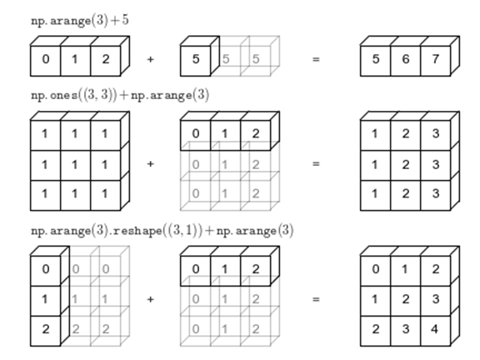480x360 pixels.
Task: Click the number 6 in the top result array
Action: click(406, 59)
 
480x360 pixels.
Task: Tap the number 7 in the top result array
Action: click(436, 59)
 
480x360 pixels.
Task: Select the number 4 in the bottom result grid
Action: click(434, 329)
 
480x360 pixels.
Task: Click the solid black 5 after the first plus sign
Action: click(196, 59)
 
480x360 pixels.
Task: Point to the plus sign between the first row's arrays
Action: click(150, 59)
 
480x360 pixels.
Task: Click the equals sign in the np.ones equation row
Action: click(316, 164)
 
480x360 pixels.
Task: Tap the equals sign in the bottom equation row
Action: click(316, 299)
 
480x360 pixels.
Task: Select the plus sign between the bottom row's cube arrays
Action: click(150, 299)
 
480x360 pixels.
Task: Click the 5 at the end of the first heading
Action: click(125, 20)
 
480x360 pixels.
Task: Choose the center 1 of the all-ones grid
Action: click(74, 165)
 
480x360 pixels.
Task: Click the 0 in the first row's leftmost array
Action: click(46, 59)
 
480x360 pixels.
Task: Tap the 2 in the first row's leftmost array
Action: click(106, 59)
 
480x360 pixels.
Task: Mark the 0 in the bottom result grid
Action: click(376, 269)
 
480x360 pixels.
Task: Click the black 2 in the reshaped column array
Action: click(46, 329)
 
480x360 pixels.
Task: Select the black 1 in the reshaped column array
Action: click(45, 299)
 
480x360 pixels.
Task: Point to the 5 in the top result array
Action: click(376, 59)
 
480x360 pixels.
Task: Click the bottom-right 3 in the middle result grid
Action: click(436, 193)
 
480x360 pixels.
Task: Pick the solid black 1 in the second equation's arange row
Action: click(225, 133)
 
